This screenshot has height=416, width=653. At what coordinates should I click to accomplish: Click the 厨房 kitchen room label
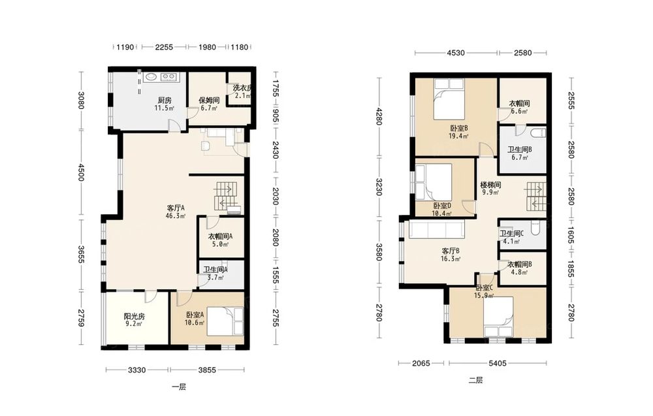coord(165,101)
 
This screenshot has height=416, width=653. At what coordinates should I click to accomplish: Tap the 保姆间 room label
coord(209,101)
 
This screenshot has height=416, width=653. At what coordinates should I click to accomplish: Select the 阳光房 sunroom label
coord(134,317)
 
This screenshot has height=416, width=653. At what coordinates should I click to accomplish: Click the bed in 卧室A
coord(225,321)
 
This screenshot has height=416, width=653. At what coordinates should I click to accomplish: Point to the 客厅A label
coord(175,208)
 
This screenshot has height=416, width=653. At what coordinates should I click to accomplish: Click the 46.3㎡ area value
coord(175,216)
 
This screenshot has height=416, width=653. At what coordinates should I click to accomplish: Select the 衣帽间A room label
coord(220,236)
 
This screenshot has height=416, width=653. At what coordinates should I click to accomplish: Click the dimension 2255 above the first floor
coord(164,47)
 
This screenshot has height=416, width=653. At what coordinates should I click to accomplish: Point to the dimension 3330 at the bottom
coord(136,370)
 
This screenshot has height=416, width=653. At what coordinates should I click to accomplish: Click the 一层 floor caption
coord(179,387)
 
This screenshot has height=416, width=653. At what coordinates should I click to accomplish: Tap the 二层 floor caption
coord(475,380)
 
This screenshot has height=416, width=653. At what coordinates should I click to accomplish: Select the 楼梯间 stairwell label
coord(490,185)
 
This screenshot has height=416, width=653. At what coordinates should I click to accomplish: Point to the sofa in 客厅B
coord(436,229)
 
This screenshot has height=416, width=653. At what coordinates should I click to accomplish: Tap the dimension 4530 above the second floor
coord(456,53)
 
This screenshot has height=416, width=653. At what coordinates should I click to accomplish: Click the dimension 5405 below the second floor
coord(497,363)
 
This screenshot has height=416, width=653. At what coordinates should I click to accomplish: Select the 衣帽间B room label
coord(520,264)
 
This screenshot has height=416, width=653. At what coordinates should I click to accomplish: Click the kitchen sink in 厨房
coord(150,77)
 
